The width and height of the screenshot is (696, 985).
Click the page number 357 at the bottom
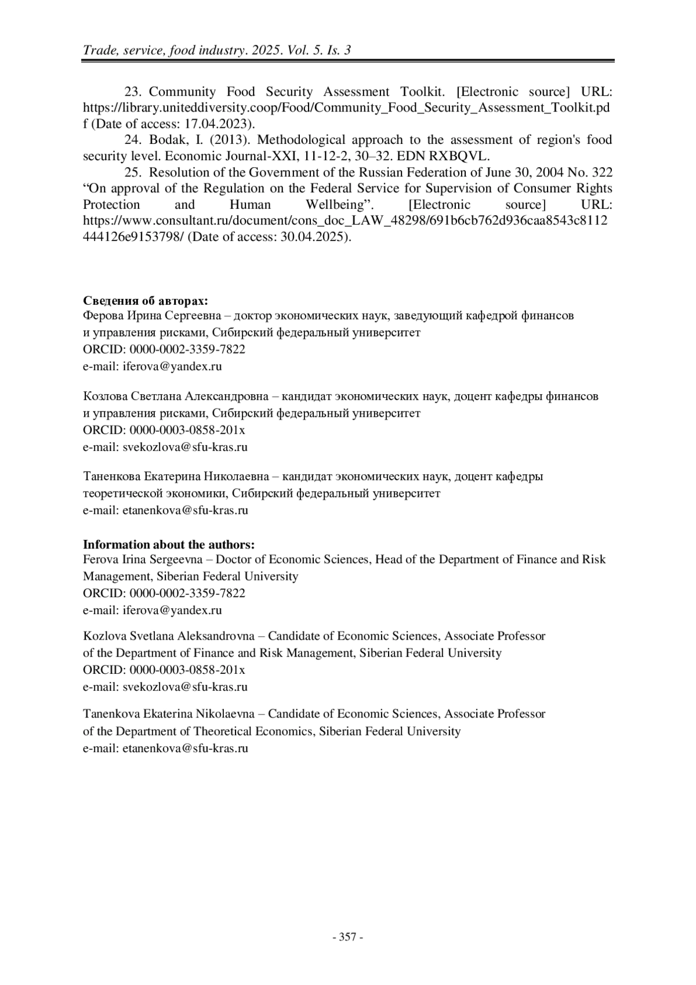click(347, 937)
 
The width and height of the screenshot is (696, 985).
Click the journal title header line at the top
click(217, 50)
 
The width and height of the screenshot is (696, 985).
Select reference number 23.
click(133, 92)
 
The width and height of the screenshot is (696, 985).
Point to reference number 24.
click(133, 140)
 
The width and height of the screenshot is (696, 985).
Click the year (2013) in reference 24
click(232, 140)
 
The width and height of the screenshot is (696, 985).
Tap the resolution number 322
click(601, 172)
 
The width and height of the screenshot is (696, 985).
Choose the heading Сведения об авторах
click(146, 301)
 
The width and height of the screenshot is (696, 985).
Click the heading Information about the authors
click(169, 544)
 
